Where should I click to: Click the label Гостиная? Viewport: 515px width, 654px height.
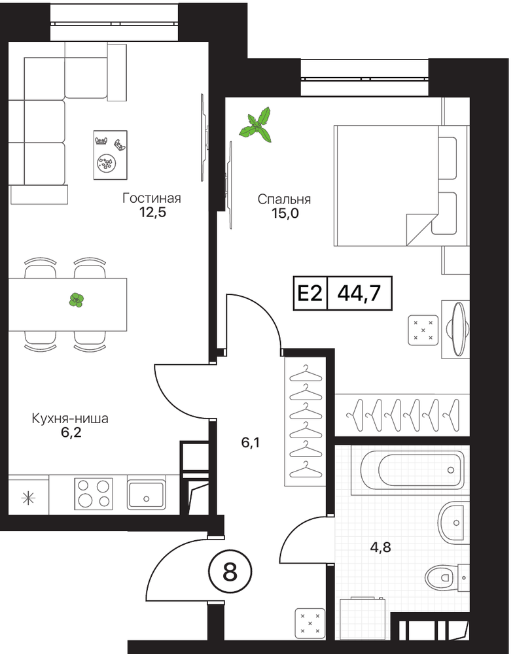coord(152,198)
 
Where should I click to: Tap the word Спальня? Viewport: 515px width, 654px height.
coord(284,199)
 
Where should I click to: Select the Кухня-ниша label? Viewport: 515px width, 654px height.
coord(70,419)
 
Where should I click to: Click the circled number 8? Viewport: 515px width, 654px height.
coord(230,572)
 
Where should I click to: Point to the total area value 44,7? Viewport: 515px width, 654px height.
coord(359,293)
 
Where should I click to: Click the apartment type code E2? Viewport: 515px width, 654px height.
coord(310,293)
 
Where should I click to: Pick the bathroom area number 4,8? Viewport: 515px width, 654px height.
coord(381,547)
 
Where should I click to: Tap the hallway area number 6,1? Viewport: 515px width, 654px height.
coord(251,443)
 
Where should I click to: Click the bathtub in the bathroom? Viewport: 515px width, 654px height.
coord(412,470)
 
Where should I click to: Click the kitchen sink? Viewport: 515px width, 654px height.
coord(146,494)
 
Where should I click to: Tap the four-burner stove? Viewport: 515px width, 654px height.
coord(94,494)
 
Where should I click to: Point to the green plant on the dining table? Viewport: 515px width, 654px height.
coord(76,300)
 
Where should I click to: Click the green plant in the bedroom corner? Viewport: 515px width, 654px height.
coord(256,124)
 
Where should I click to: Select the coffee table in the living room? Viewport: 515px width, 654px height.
coord(110,155)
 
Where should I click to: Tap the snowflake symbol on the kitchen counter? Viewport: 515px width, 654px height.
coord(28,498)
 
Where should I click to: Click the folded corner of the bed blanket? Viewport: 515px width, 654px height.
coord(421,229)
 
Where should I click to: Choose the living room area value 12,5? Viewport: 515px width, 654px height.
coord(152,212)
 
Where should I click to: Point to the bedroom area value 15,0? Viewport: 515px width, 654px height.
coord(285,213)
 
